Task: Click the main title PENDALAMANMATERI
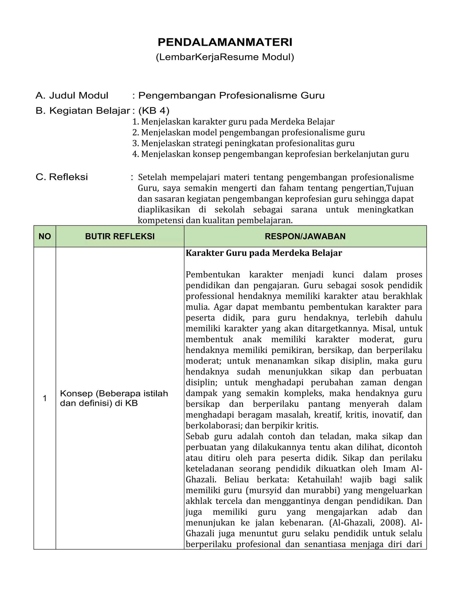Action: (x=225, y=42)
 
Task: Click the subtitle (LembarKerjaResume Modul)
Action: (x=225, y=57)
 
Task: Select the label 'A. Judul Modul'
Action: (x=72, y=95)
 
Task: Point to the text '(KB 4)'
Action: (x=154, y=111)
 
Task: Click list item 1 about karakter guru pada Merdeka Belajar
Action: (x=233, y=122)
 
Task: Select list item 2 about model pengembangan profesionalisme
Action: (x=248, y=133)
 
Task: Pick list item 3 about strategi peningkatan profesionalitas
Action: (x=243, y=143)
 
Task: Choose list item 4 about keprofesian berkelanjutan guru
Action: (x=270, y=154)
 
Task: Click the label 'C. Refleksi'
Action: (x=62, y=177)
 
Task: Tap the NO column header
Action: (x=45, y=237)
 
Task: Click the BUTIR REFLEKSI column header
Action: (x=120, y=237)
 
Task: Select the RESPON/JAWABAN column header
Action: (x=305, y=237)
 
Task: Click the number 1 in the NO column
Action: (x=45, y=398)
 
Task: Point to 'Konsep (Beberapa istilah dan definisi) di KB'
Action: (x=114, y=398)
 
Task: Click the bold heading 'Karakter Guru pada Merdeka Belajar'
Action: (x=264, y=253)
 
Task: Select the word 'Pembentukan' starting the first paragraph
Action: (x=213, y=275)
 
